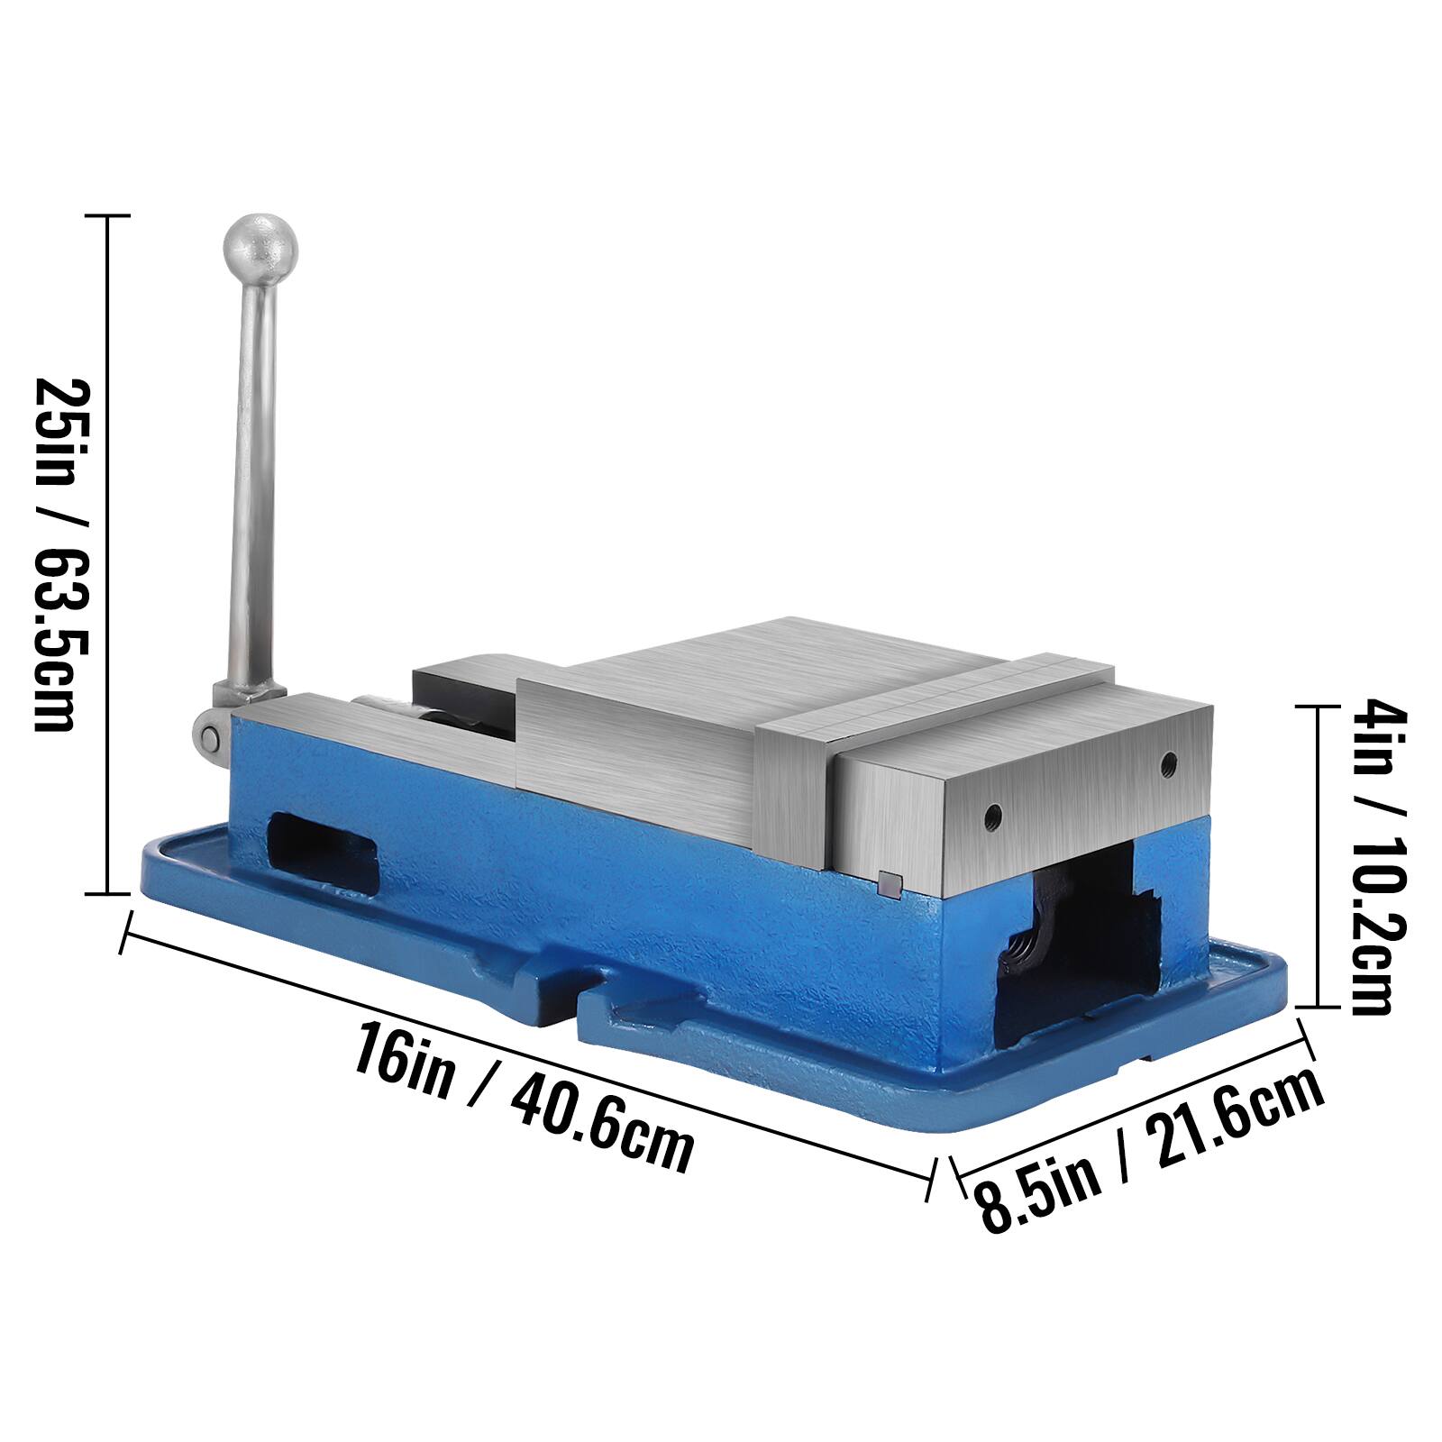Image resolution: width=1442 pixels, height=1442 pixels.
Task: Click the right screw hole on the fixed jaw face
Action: point(1169,763)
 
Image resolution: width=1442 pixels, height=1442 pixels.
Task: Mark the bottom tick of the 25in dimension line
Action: point(108,894)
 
